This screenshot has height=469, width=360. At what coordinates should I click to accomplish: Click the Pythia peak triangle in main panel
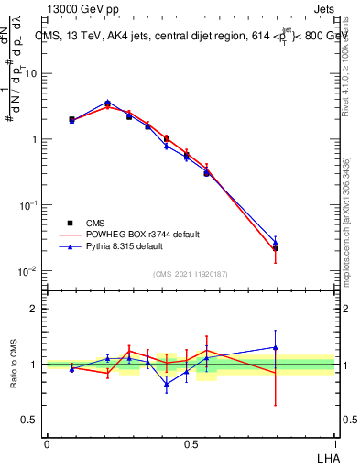107,103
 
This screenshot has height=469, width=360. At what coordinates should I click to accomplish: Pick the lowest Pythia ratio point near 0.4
167,384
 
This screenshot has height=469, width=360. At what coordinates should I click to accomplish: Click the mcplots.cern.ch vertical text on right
346,229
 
